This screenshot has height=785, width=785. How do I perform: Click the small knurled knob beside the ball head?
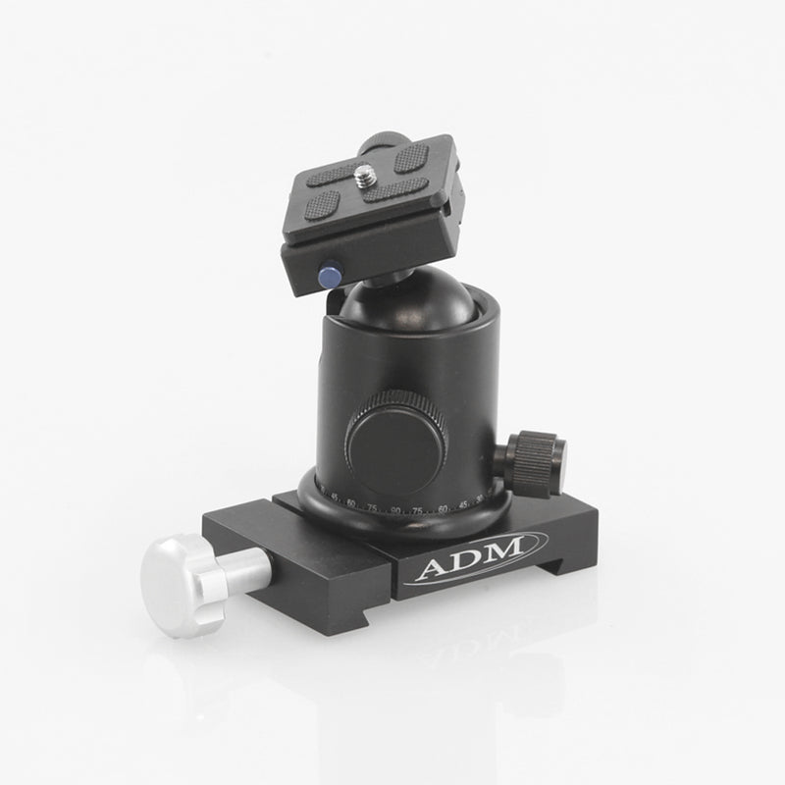(535, 456)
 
